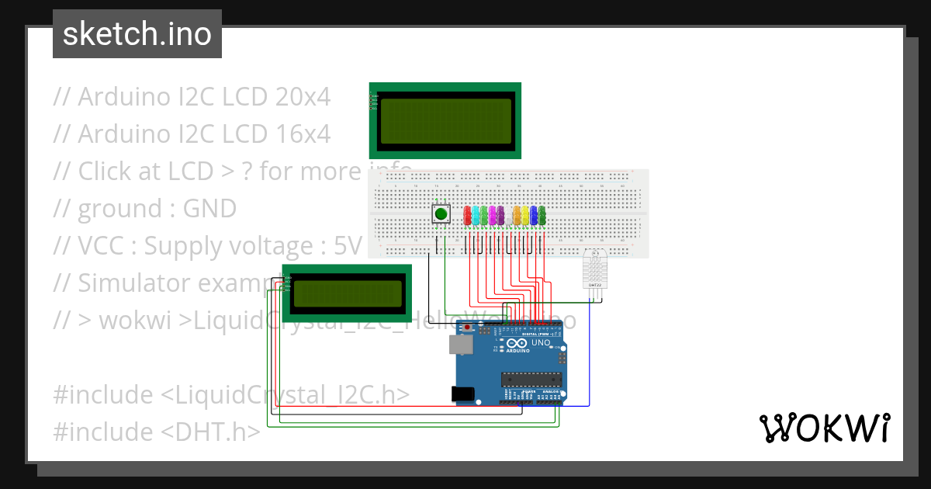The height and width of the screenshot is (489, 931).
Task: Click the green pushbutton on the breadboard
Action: [441, 214]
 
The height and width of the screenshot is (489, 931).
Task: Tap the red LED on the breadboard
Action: [467, 214]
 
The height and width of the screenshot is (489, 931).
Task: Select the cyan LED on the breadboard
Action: [476, 215]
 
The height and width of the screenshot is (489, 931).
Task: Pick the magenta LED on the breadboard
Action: [493, 215]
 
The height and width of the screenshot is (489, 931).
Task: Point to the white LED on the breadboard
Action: [509, 215]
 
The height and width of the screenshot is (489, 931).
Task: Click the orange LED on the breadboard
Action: [517, 215]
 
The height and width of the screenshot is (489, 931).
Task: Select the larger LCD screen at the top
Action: [445, 120]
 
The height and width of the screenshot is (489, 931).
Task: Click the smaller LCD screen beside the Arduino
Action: [346, 293]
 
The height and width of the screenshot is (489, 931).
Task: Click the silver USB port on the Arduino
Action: [462, 344]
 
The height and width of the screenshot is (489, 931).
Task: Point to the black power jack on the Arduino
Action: [463, 394]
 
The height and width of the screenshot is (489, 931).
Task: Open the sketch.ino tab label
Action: [137, 34]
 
